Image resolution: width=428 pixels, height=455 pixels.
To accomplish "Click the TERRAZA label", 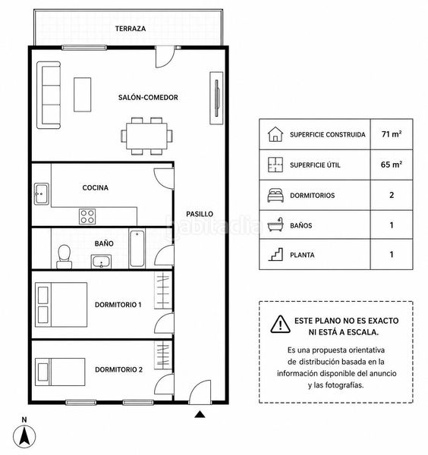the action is tap(131, 29).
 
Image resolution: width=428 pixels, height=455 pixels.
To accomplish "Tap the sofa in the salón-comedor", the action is tap(49, 95).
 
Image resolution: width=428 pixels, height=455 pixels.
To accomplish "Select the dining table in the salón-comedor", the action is tap(146, 136).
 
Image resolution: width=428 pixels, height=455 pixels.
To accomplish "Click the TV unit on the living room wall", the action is tap(216, 98).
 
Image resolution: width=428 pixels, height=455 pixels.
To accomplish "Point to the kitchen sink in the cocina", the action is tap(42, 194).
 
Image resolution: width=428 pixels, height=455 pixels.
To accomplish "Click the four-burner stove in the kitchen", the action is tap(87, 216).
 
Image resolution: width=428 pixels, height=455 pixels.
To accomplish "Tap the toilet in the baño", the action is tap(65, 257).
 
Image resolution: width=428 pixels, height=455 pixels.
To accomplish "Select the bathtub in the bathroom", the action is tap(137, 249).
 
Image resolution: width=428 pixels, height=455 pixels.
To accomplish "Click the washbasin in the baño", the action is tap(101, 262).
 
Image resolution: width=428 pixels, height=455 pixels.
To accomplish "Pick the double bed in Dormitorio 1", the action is tap(61, 305).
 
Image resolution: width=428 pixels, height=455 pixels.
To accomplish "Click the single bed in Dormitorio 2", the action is tap(60, 372).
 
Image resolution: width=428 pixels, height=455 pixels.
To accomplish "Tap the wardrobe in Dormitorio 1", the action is tap(163, 290).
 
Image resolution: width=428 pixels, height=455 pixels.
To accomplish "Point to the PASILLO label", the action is tap(200, 214).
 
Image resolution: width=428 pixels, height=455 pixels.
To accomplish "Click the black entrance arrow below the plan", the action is tap(200, 414).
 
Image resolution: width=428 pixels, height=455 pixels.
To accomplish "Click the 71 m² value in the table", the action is tap(392, 134).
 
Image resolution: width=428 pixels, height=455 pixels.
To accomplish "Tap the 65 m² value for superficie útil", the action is tap(392, 165).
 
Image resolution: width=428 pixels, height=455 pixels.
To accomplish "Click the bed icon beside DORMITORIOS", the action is tap(275, 195).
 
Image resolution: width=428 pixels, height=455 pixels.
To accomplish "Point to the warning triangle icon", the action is tap(280, 325).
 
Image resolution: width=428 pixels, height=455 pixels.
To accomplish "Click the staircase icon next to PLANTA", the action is tap(275, 255).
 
